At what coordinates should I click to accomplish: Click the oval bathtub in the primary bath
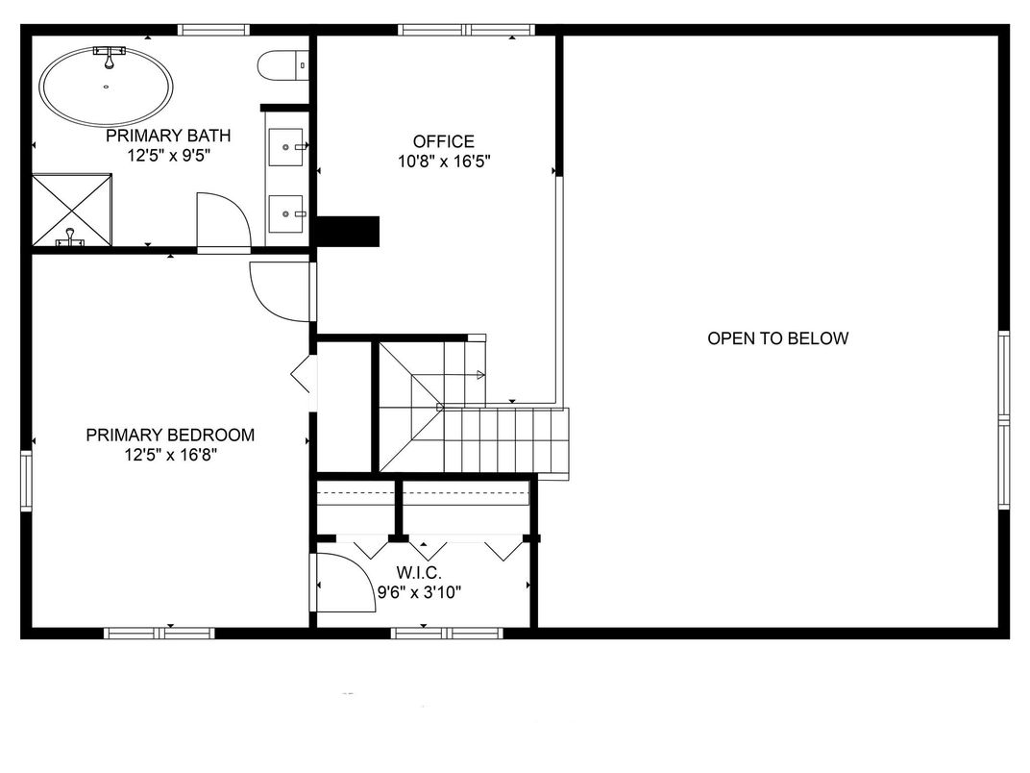point(107,87)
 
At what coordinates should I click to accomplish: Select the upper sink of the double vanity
point(286,147)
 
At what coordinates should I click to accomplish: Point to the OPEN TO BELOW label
point(777,338)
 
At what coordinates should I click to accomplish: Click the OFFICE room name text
point(443,141)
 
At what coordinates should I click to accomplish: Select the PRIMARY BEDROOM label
point(170,436)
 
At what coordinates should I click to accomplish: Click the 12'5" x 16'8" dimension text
point(170,456)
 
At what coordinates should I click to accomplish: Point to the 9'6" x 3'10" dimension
point(419,592)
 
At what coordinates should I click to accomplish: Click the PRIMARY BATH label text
point(168,136)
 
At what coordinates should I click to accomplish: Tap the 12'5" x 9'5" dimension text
point(168,155)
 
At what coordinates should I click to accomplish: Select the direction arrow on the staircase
point(478,375)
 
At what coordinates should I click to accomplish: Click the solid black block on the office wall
point(348,232)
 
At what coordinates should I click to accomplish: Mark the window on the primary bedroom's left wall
point(26,480)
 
